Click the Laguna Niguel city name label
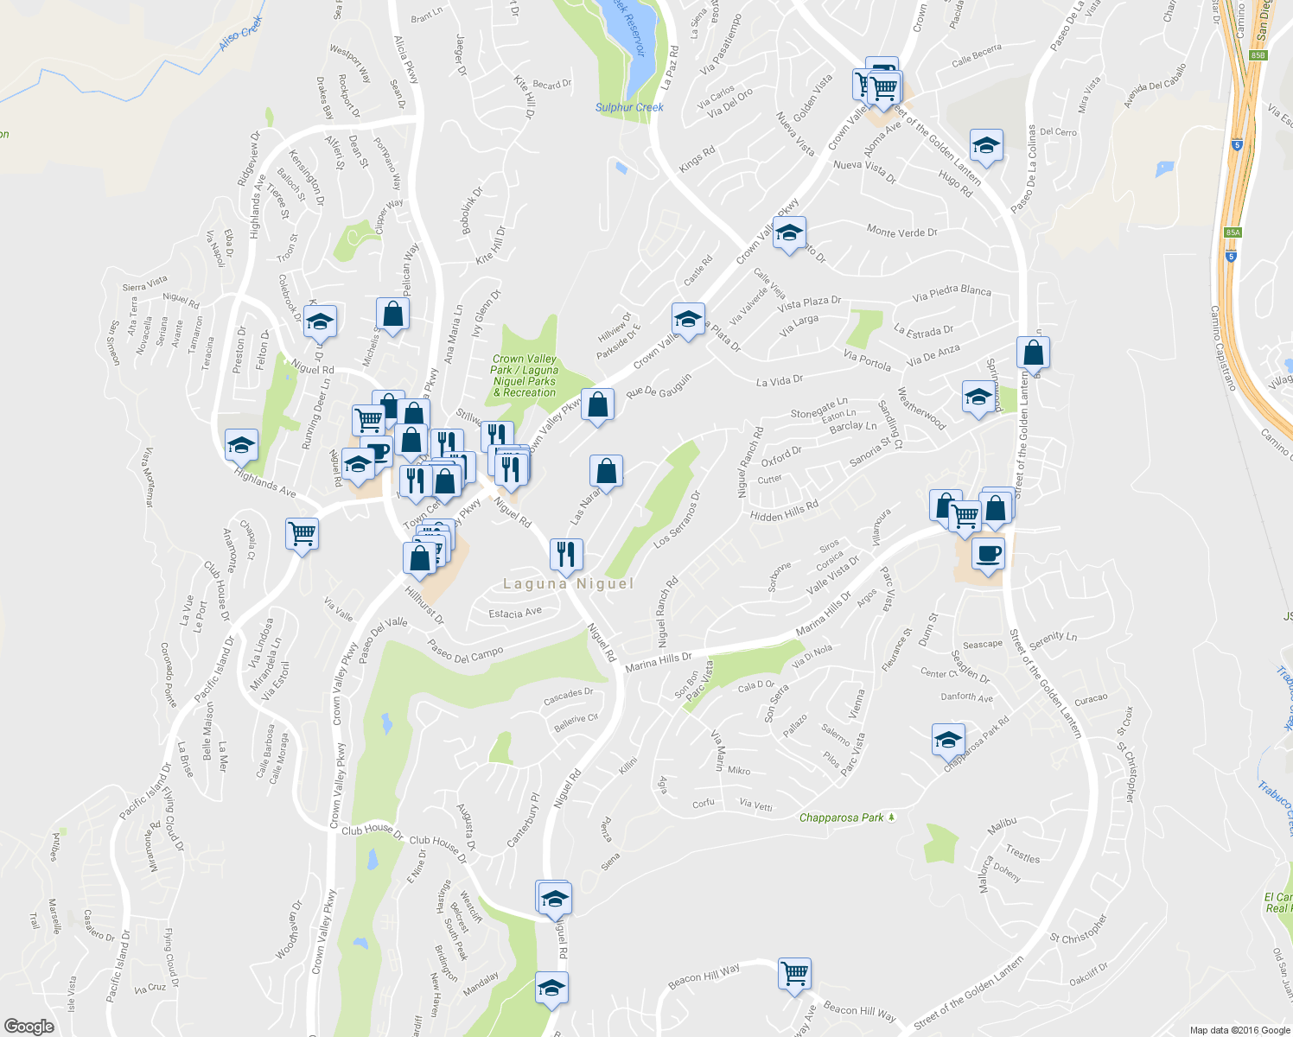click(568, 583)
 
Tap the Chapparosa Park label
click(842, 818)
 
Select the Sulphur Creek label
click(629, 107)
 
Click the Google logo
click(29, 1026)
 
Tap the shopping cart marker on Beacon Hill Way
click(794, 973)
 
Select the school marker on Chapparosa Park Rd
click(948, 740)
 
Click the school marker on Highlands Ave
click(241, 445)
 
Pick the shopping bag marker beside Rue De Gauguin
click(597, 404)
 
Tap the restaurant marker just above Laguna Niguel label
click(566, 553)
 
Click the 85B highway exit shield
click(1258, 55)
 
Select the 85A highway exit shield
click(1232, 232)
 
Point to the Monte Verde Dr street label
click(901, 231)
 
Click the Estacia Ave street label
click(515, 613)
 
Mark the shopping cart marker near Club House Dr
click(303, 534)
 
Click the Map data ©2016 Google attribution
click(1239, 1029)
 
